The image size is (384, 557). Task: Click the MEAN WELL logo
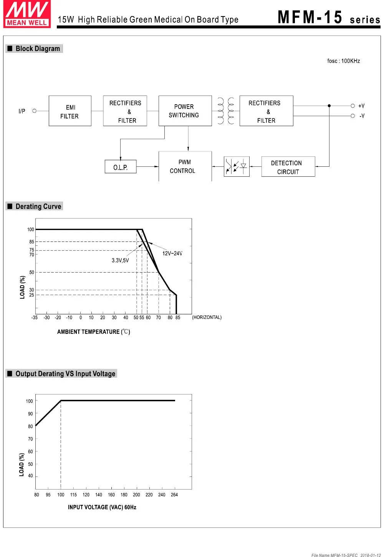click(27, 14)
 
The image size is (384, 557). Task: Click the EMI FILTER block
click(70, 111)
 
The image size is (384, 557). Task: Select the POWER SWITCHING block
click(185, 111)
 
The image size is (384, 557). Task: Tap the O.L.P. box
click(121, 167)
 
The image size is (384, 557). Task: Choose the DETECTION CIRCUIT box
click(288, 167)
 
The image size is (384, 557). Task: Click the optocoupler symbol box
click(237, 166)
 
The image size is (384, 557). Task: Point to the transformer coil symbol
click(226, 111)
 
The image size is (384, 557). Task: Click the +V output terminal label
click(361, 106)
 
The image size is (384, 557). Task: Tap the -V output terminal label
click(362, 116)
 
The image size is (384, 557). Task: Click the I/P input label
click(22, 111)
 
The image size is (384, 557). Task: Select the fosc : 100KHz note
click(343, 61)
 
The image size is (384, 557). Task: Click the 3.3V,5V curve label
click(120, 261)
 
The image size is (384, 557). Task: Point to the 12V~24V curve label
click(172, 253)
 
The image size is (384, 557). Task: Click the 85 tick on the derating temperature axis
click(178, 317)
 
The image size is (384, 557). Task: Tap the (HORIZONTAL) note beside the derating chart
click(207, 317)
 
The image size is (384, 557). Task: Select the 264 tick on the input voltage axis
click(174, 495)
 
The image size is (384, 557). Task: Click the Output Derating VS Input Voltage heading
click(65, 374)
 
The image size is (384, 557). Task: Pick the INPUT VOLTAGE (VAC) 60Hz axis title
click(102, 507)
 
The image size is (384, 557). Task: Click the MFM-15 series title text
click(329, 18)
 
